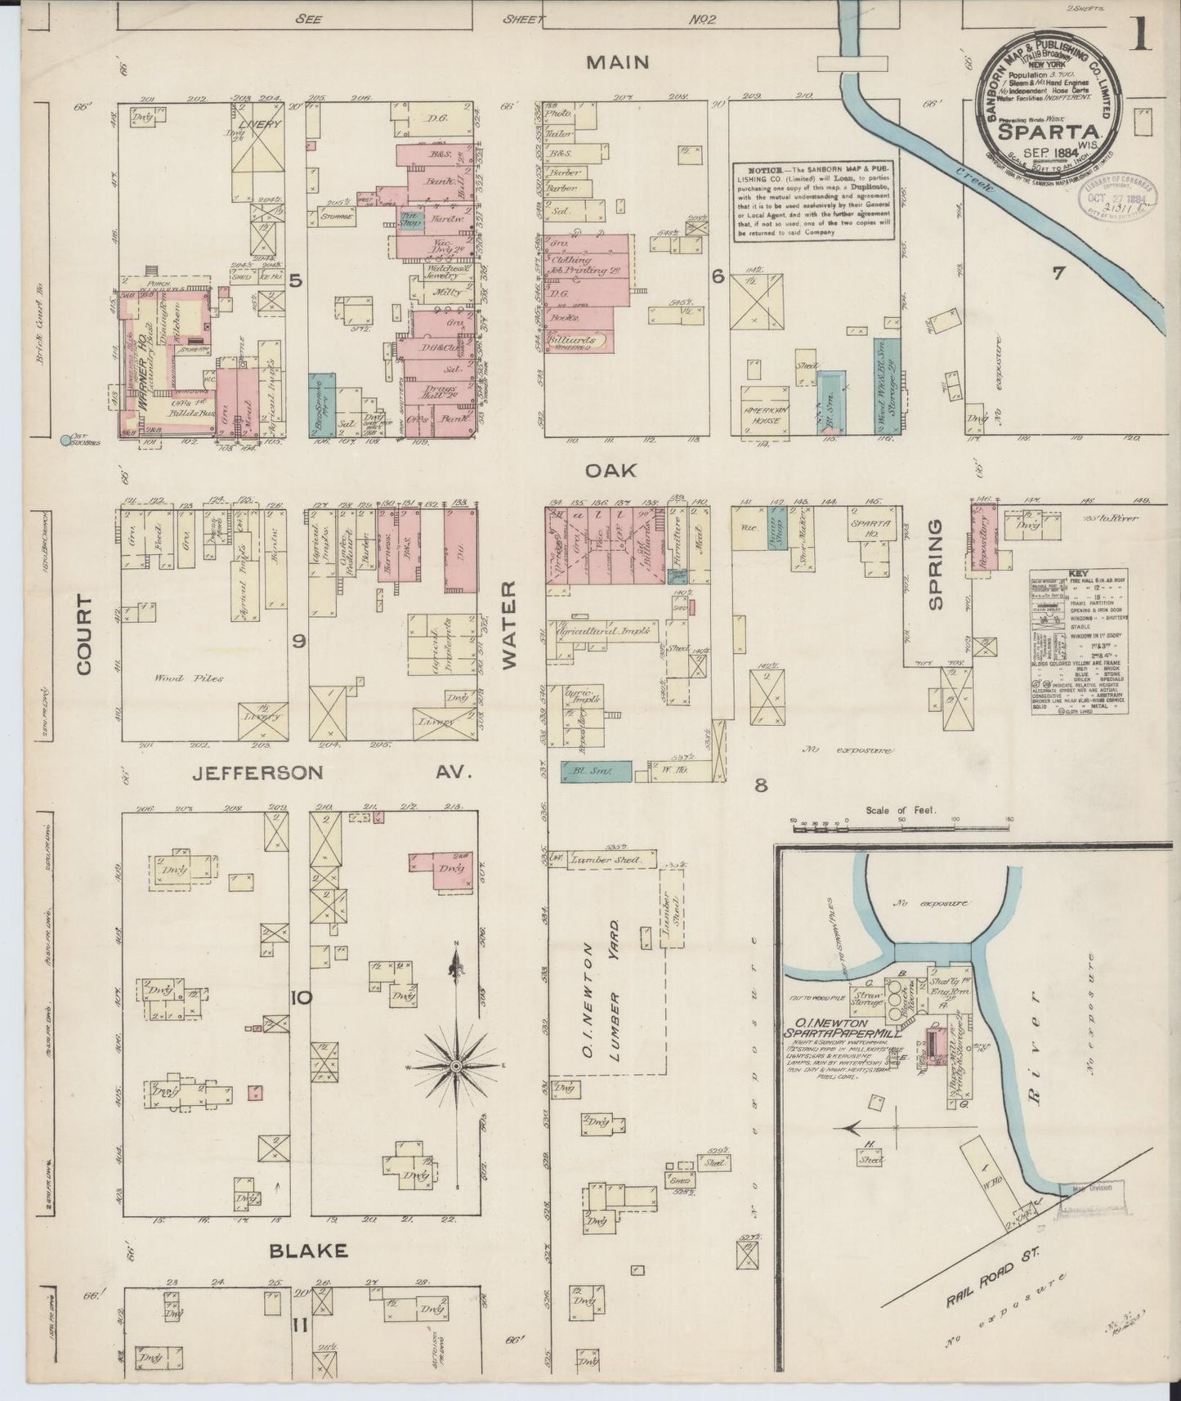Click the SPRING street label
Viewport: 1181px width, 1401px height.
coord(935,563)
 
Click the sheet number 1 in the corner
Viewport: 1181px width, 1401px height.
coord(1142,36)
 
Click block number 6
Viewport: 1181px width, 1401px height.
coord(718,277)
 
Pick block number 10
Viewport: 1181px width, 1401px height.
coord(299,997)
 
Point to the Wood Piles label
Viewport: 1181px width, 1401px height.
coord(177,678)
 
